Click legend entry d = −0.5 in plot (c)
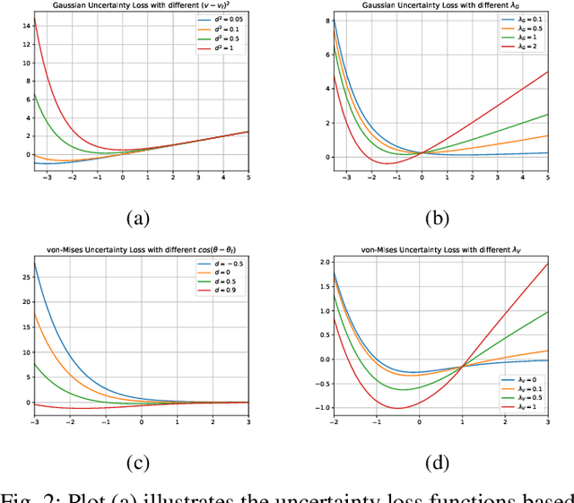point(224,264)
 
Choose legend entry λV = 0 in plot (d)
point(523,381)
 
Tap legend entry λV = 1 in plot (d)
point(523,405)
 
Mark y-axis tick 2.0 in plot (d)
point(321,263)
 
